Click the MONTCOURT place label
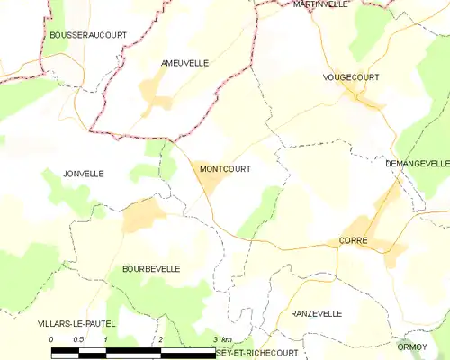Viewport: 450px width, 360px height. point(220,168)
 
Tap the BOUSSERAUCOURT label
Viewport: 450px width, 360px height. point(88,35)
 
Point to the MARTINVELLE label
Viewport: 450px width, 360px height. point(320,4)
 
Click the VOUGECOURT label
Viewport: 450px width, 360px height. point(351,78)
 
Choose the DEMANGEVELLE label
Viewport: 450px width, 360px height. point(417,164)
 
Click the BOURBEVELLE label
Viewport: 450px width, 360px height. point(150,268)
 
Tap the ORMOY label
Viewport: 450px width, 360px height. point(412,346)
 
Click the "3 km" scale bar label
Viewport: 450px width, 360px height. point(222,338)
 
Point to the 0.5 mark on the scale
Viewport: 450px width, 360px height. point(78,338)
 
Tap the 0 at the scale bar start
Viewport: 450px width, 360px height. point(51,338)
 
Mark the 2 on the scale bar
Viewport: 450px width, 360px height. point(160,338)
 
